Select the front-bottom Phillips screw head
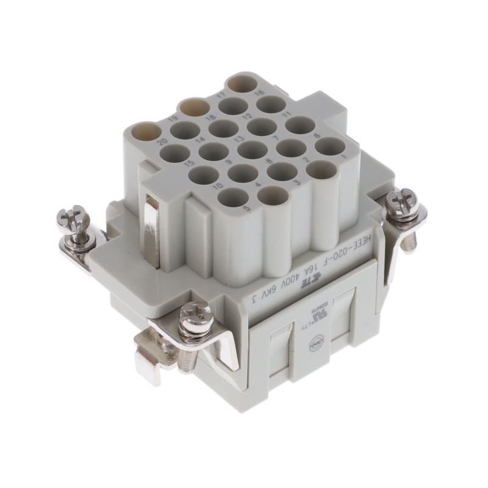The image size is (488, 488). click(196, 316)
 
